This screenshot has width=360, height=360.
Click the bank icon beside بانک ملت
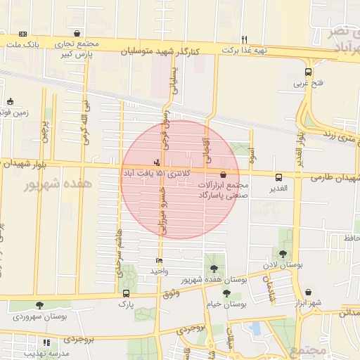pos(23,34)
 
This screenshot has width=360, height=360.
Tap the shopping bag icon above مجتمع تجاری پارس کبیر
pos(76,33)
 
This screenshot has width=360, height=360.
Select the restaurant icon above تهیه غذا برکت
pos(244,39)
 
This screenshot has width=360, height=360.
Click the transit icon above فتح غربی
pos(308,72)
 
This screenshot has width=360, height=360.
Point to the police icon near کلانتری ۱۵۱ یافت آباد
pos(156,162)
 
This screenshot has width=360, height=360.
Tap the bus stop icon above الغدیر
pos(278,177)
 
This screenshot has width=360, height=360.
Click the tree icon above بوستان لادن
pos(283,254)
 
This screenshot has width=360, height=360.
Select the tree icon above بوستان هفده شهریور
pos(214,268)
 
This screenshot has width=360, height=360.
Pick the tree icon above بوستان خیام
pos(226,293)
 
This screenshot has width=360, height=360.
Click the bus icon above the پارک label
pos(126,293)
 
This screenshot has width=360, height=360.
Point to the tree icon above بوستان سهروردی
pos(39,305)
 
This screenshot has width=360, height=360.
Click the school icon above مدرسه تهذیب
pos(46,342)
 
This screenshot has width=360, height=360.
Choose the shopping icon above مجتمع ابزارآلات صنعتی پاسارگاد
pos(223,174)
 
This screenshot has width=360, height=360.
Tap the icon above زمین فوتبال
pos(10,101)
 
